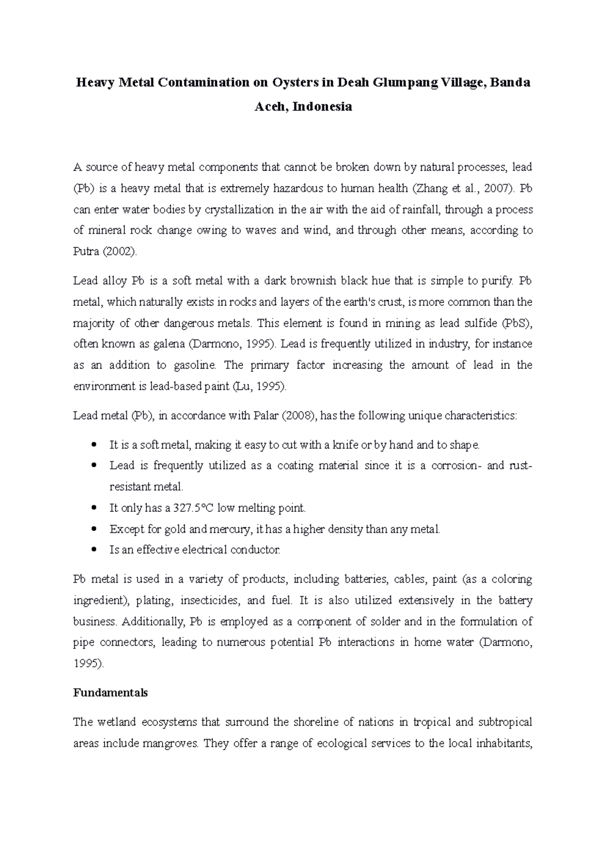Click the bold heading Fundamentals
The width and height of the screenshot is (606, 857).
(110, 693)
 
